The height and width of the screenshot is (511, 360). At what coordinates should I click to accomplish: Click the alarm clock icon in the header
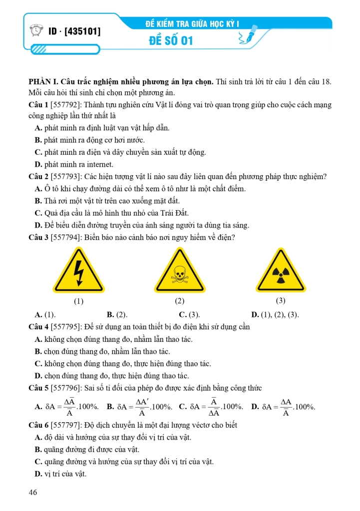pos(38,31)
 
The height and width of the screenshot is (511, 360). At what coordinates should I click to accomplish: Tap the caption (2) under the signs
pos(180,301)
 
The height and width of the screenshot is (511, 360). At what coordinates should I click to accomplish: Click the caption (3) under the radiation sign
pos(281,301)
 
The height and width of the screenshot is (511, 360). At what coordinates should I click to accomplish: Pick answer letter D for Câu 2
pos(38,225)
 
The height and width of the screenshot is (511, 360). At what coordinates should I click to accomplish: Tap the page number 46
pos(33,493)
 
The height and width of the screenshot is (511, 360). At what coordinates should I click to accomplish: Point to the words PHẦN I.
pos(43,82)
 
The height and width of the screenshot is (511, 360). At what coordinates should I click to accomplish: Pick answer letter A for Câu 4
pos(38,339)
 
